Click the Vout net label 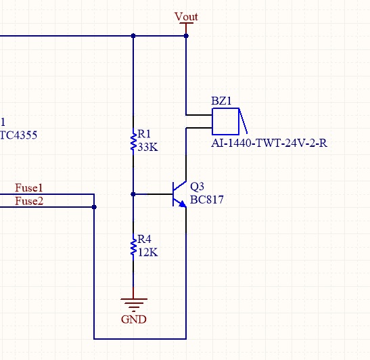186,17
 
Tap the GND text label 134,319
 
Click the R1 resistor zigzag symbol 133,141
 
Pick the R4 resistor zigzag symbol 133,247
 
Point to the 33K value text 147,148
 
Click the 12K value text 147,252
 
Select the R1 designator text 143,134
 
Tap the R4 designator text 144,239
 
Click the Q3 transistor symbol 179,194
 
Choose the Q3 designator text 197,187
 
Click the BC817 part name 207,200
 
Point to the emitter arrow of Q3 183,204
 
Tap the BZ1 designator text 221,101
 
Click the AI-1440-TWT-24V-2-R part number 269,143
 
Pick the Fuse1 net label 29,188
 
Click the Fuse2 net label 29,201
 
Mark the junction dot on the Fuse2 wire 94,207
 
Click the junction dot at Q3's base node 133,194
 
